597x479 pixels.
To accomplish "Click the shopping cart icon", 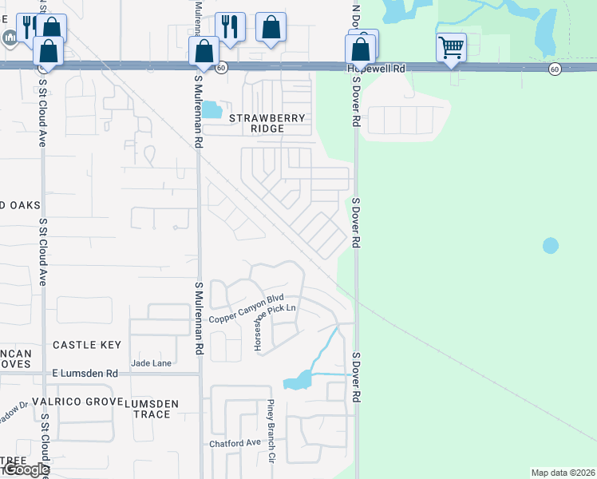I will click(x=451, y=47).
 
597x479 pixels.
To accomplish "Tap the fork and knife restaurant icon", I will click(x=229, y=26).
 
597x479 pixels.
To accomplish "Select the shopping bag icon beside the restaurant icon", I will click(x=271, y=26).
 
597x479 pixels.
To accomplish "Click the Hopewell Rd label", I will click(x=376, y=69).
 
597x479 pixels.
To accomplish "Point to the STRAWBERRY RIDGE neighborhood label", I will click(x=267, y=123).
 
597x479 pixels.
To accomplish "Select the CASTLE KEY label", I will click(x=87, y=345).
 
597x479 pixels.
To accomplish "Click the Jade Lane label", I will click(x=151, y=363).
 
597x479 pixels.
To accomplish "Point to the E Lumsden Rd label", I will click(x=85, y=373).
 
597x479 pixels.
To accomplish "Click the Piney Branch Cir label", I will click(x=271, y=430).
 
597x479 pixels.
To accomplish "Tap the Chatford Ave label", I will click(x=235, y=443).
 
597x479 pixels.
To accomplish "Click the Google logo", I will click(x=26, y=469).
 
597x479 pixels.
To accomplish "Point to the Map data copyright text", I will click(x=563, y=473).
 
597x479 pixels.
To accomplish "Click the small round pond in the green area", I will click(x=551, y=245).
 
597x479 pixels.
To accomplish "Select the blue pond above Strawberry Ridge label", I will click(x=211, y=109).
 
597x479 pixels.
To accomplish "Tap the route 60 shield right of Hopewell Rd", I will click(x=555, y=69).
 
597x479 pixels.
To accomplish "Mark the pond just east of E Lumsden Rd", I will click(x=296, y=381).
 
